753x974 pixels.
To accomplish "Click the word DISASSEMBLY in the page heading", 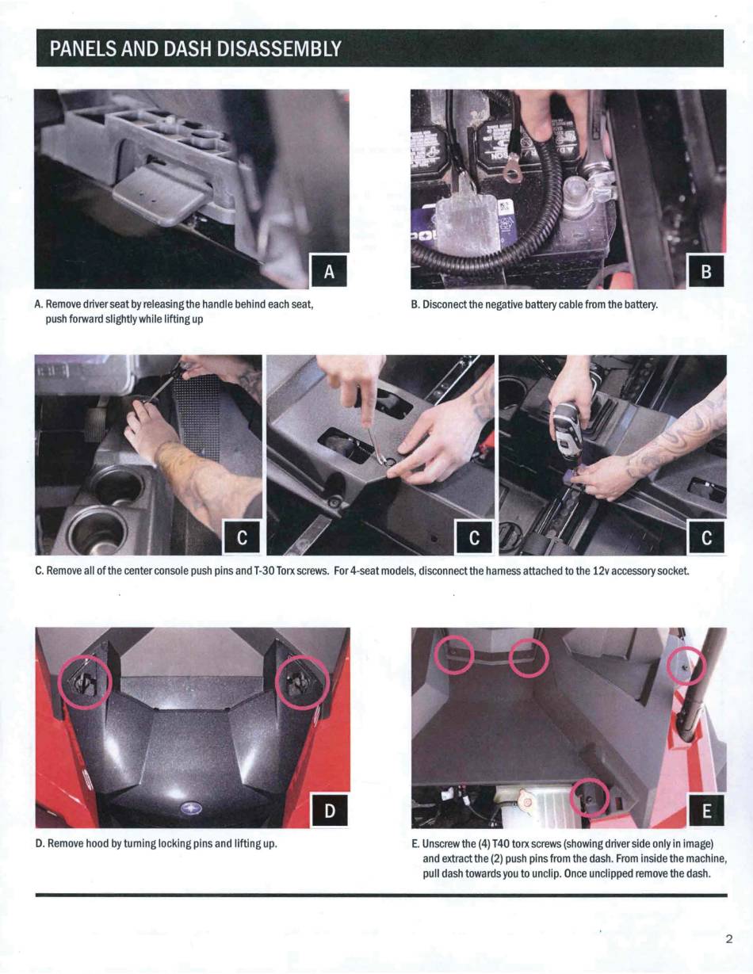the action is tap(278, 48).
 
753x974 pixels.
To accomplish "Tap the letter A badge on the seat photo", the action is tap(329, 271).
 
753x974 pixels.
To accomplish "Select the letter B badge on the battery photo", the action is tap(706, 271).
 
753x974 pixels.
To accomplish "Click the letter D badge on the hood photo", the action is tap(330, 811).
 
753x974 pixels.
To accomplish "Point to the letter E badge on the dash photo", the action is tap(706, 811).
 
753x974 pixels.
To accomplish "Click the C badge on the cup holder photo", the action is tap(242, 537).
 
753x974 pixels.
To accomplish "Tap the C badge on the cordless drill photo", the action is tap(706, 537).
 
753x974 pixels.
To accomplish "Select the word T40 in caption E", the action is tap(501, 844).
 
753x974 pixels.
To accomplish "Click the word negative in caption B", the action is tap(508, 305).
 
